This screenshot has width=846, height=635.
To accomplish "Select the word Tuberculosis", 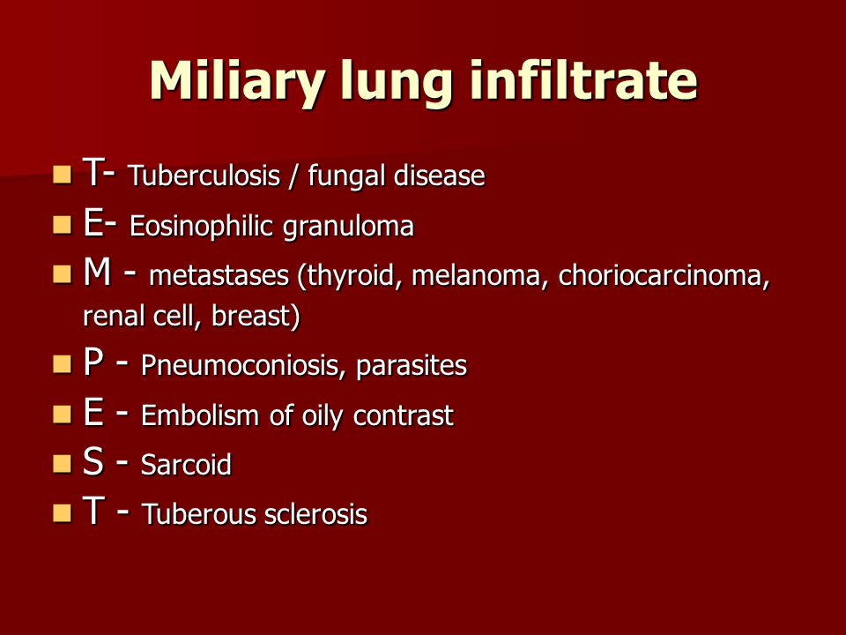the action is (204, 175).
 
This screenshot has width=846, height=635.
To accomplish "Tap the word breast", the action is (256, 316).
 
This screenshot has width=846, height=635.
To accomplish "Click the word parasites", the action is (412, 366).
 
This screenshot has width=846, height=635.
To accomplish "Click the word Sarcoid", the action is (186, 465).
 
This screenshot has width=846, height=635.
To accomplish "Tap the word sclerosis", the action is (315, 514).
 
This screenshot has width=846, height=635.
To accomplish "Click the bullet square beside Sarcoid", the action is (63, 463).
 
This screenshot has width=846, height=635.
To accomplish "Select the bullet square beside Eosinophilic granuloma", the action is (63, 224).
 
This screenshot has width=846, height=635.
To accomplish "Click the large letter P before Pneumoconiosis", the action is (93, 362).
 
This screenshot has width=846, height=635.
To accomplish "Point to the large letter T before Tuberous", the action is (93, 511).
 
